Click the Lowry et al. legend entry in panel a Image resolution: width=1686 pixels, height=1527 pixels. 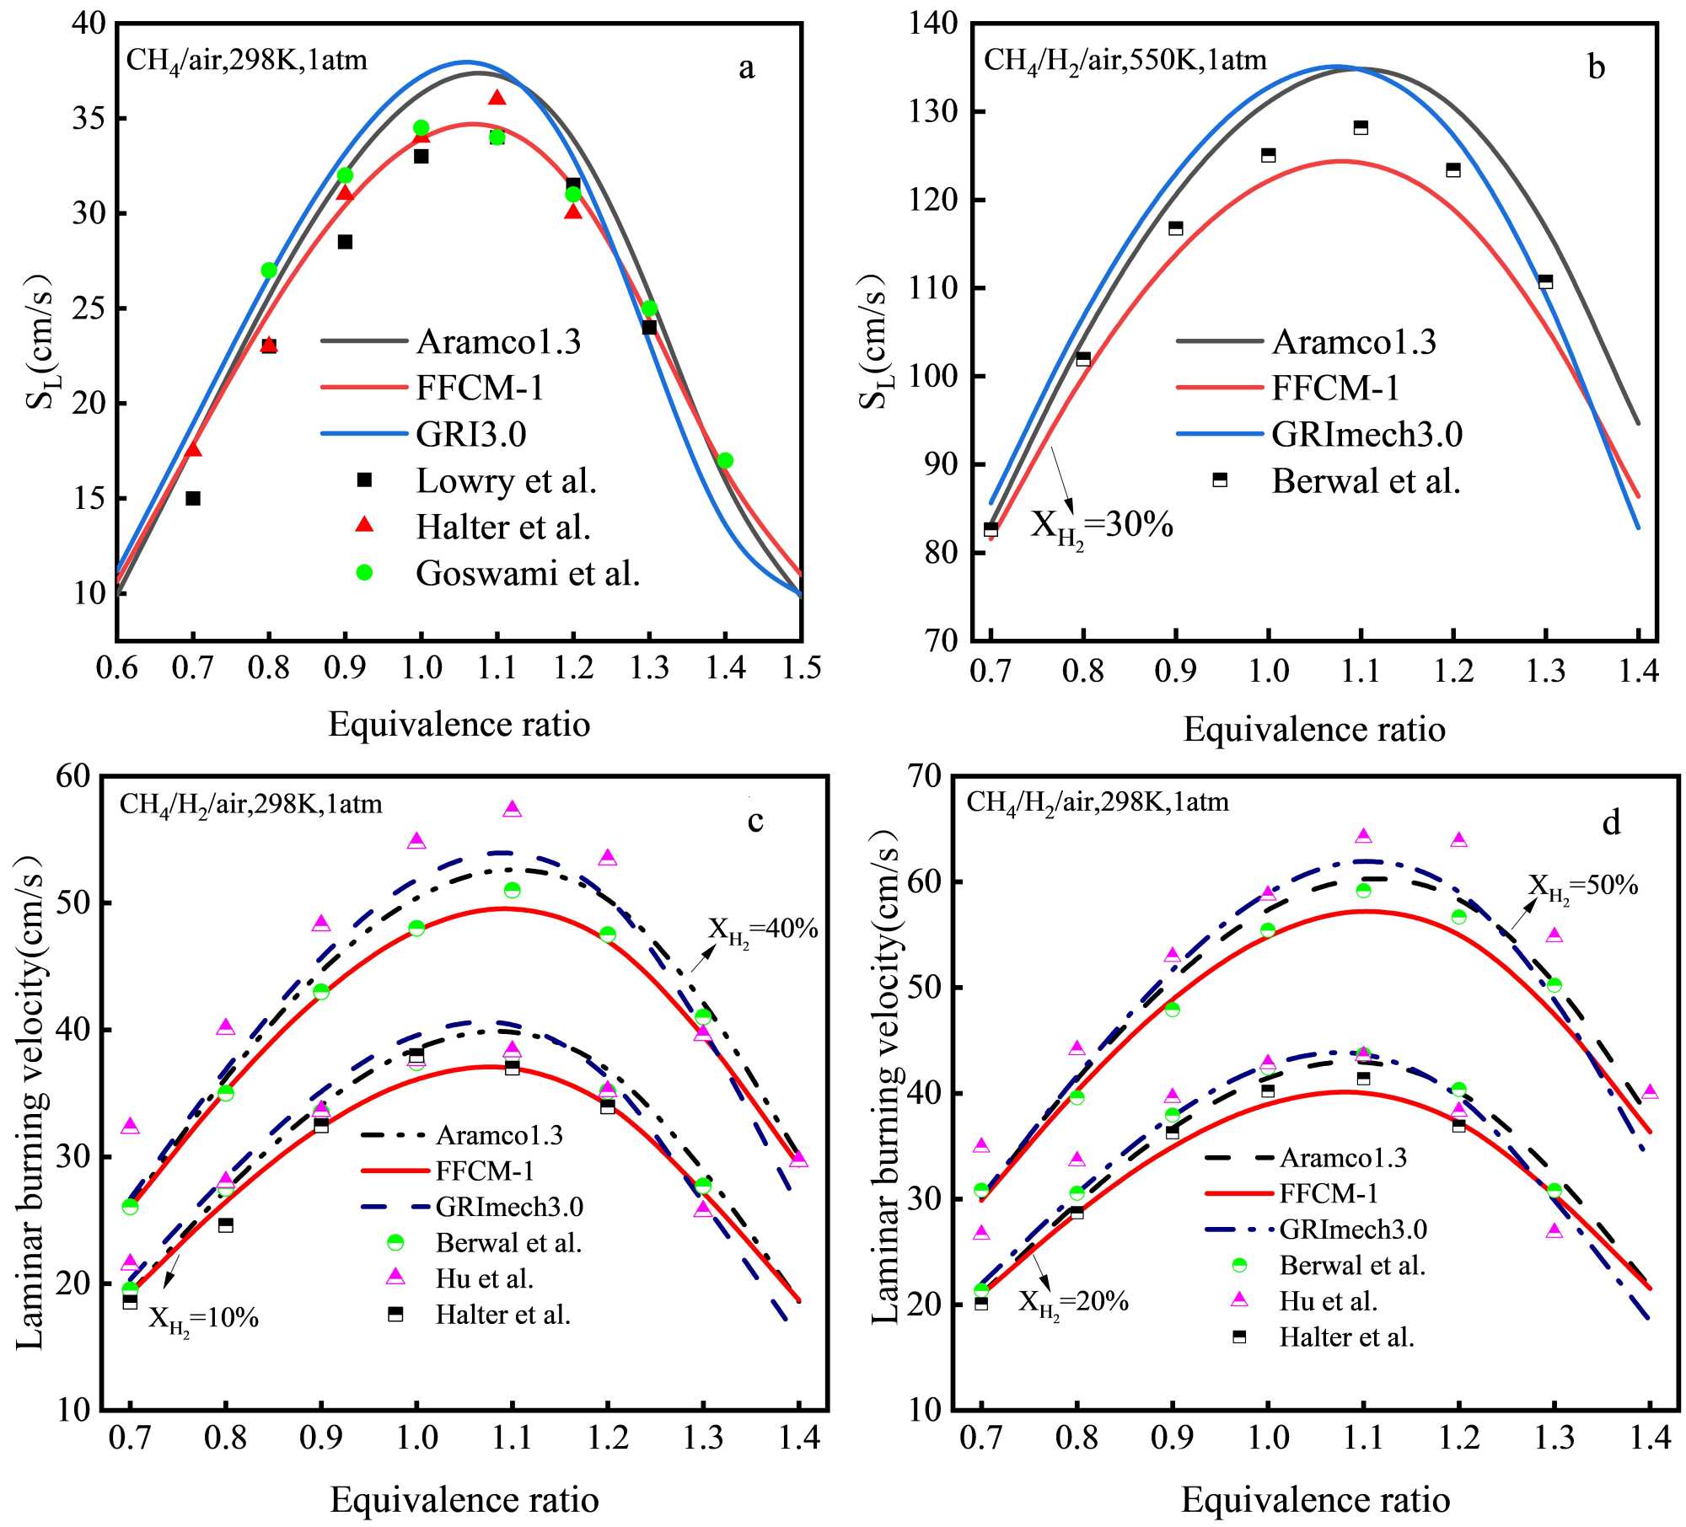pyautogui.click(x=506, y=481)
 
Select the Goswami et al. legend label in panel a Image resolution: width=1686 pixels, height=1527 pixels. pyautogui.click(x=528, y=574)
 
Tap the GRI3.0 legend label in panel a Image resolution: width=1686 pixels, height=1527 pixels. pyautogui.click(x=470, y=435)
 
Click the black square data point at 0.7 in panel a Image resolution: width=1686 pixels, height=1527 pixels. pyautogui.click(x=193, y=498)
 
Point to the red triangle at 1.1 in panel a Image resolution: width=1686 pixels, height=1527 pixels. pyautogui.click(x=497, y=98)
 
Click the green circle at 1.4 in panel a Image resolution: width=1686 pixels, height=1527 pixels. pyautogui.click(x=725, y=460)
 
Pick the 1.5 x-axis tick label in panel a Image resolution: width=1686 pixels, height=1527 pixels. pyautogui.click(x=802, y=668)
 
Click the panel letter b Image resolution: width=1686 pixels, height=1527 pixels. pyautogui.click(x=1596, y=67)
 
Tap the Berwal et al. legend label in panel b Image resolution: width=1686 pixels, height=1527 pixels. pyautogui.click(x=1366, y=481)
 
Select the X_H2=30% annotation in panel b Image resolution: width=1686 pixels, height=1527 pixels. pyautogui.click(x=1101, y=527)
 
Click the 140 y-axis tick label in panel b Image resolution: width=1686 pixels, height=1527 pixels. pyautogui.click(x=935, y=24)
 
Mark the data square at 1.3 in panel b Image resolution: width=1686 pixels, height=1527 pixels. pyautogui.click(x=1545, y=281)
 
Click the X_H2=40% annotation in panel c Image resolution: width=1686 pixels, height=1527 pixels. pyautogui.click(x=763, y=930)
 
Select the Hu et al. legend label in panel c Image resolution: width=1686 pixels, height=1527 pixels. pyautogui.click(x=485, y=1279)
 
